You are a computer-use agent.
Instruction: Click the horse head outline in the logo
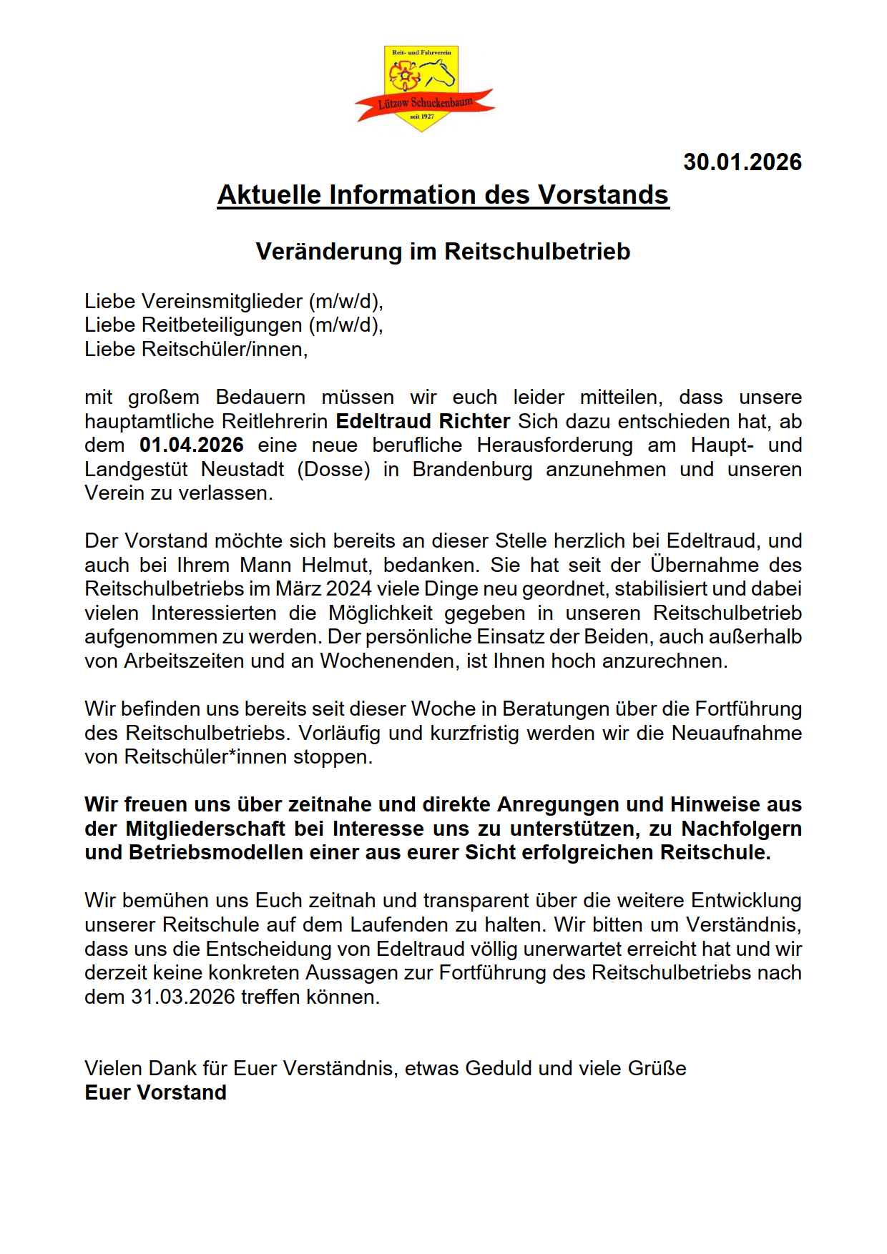coord(438,73)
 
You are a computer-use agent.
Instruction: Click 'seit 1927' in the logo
coord(422,116)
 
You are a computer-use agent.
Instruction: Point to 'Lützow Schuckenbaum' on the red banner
coord(425,103)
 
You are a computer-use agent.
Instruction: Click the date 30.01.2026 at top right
coord(742,162)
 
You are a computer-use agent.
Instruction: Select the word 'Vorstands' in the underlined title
coord(603,195)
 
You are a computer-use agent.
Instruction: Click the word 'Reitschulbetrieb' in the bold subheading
coord(537,252)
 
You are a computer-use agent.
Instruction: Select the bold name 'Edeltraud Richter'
coord(423,421)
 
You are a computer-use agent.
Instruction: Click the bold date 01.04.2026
coord(192,445)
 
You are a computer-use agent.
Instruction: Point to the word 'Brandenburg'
coord(472,470)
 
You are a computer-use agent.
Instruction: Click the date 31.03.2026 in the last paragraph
coord(183,997)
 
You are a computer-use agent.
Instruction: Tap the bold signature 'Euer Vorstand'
coord(155,1093)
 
